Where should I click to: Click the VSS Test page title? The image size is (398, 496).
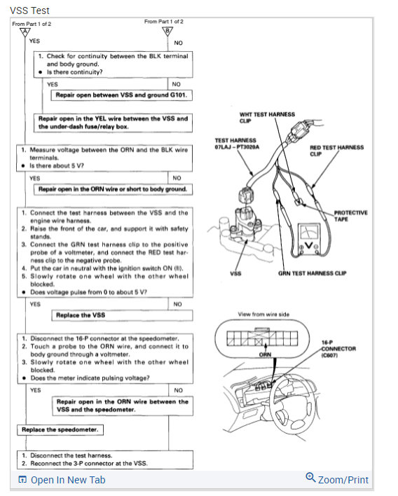click(29, 11)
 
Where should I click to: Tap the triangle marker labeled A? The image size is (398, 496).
click(25, 32)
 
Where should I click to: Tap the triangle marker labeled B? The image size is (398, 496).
click(167, 31)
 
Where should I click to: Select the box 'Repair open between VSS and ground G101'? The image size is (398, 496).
click(122, 95)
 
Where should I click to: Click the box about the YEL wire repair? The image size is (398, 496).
click(114, 123)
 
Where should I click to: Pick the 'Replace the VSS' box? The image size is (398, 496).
click(122, 315)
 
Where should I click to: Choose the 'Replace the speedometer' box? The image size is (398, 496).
click(60, 430)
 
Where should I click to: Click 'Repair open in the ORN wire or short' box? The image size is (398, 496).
click(114, 189)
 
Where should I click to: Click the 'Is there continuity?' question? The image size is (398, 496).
click(75, 72)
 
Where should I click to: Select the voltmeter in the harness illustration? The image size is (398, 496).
click(306, 240)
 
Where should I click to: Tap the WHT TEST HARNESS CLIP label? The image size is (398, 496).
click(267, 118)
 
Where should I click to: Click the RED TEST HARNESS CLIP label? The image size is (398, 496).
click(336, 151)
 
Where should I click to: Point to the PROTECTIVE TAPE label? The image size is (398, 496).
click(350, 216)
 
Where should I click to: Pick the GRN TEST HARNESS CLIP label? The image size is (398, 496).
click(313, 273)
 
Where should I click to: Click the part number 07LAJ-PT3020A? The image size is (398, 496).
click(237, 147)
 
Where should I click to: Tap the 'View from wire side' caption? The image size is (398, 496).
click(263, 315)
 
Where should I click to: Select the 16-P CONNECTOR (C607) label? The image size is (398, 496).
click(338, 349)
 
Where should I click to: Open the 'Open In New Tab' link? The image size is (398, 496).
click(62, 480)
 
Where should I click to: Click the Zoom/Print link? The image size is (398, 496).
click(337, 479)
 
